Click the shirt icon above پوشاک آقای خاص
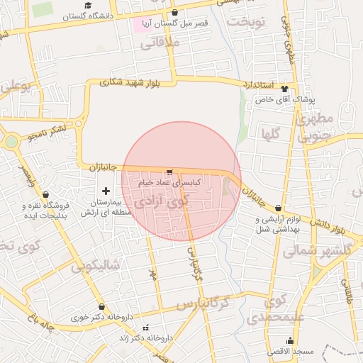[x=284, y=89]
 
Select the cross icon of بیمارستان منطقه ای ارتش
[x=106, y=190]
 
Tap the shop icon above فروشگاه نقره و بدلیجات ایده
[x=46, y=194]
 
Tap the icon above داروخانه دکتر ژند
[x=146, y=328]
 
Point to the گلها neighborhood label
[x=271, y=133]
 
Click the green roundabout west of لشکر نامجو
[x=11, y=140]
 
